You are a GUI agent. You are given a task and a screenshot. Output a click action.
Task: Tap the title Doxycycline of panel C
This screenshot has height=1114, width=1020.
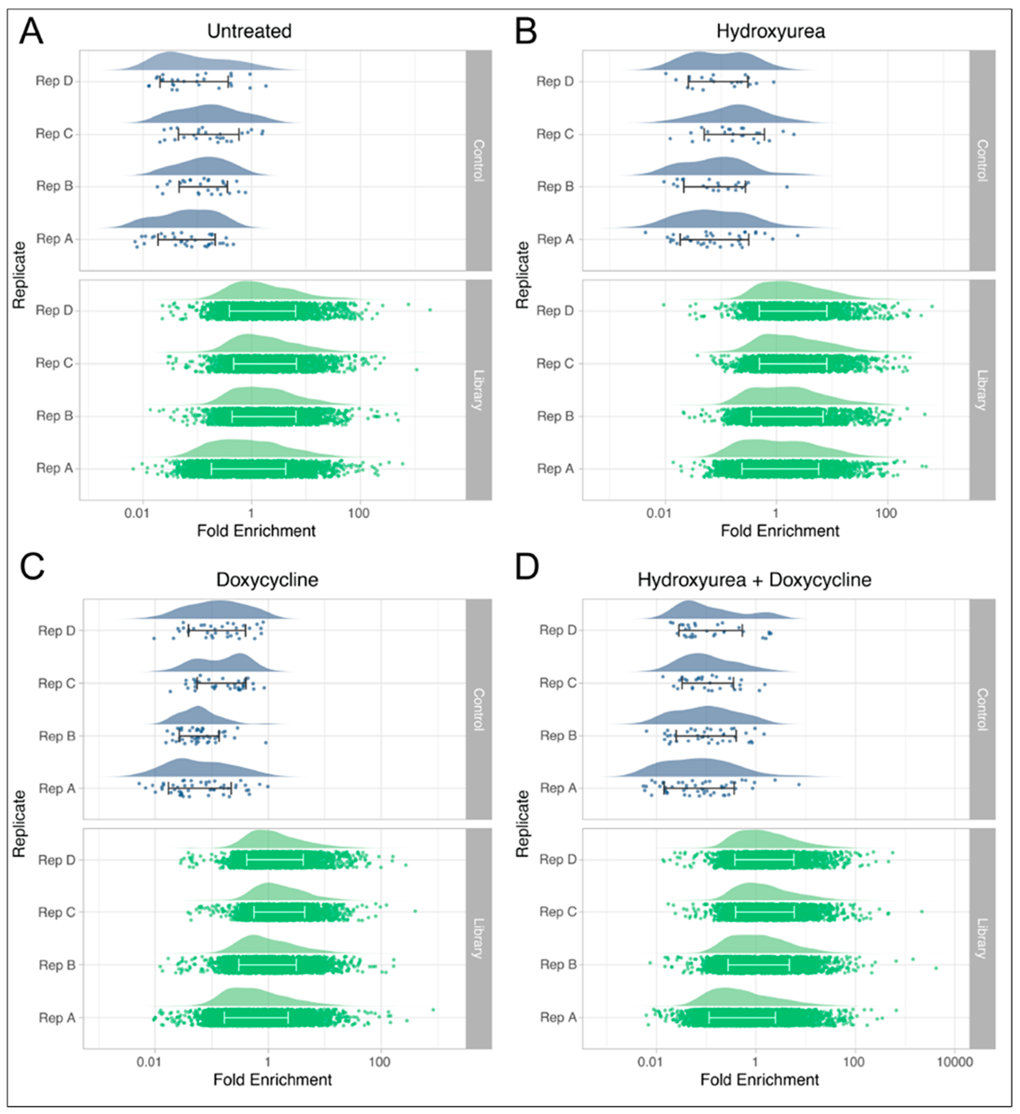267,580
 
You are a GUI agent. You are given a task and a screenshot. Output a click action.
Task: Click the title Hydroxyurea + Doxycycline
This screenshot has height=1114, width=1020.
754,580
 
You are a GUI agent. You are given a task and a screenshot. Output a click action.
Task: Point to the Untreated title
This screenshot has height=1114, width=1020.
249,31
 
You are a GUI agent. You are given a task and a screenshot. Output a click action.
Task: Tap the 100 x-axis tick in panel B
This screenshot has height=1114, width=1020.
886,513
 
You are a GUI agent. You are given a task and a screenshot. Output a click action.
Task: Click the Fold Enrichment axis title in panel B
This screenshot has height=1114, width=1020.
779,531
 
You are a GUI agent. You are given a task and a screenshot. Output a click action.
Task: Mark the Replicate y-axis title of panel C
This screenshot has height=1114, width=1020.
19,823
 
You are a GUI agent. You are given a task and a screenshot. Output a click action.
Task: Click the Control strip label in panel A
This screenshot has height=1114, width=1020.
478,160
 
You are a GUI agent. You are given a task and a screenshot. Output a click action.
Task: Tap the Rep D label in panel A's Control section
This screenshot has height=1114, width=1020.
54,81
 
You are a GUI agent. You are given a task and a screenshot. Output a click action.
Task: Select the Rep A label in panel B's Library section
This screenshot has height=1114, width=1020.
555,469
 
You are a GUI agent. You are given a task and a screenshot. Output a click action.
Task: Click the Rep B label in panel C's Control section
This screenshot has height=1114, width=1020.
57,736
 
